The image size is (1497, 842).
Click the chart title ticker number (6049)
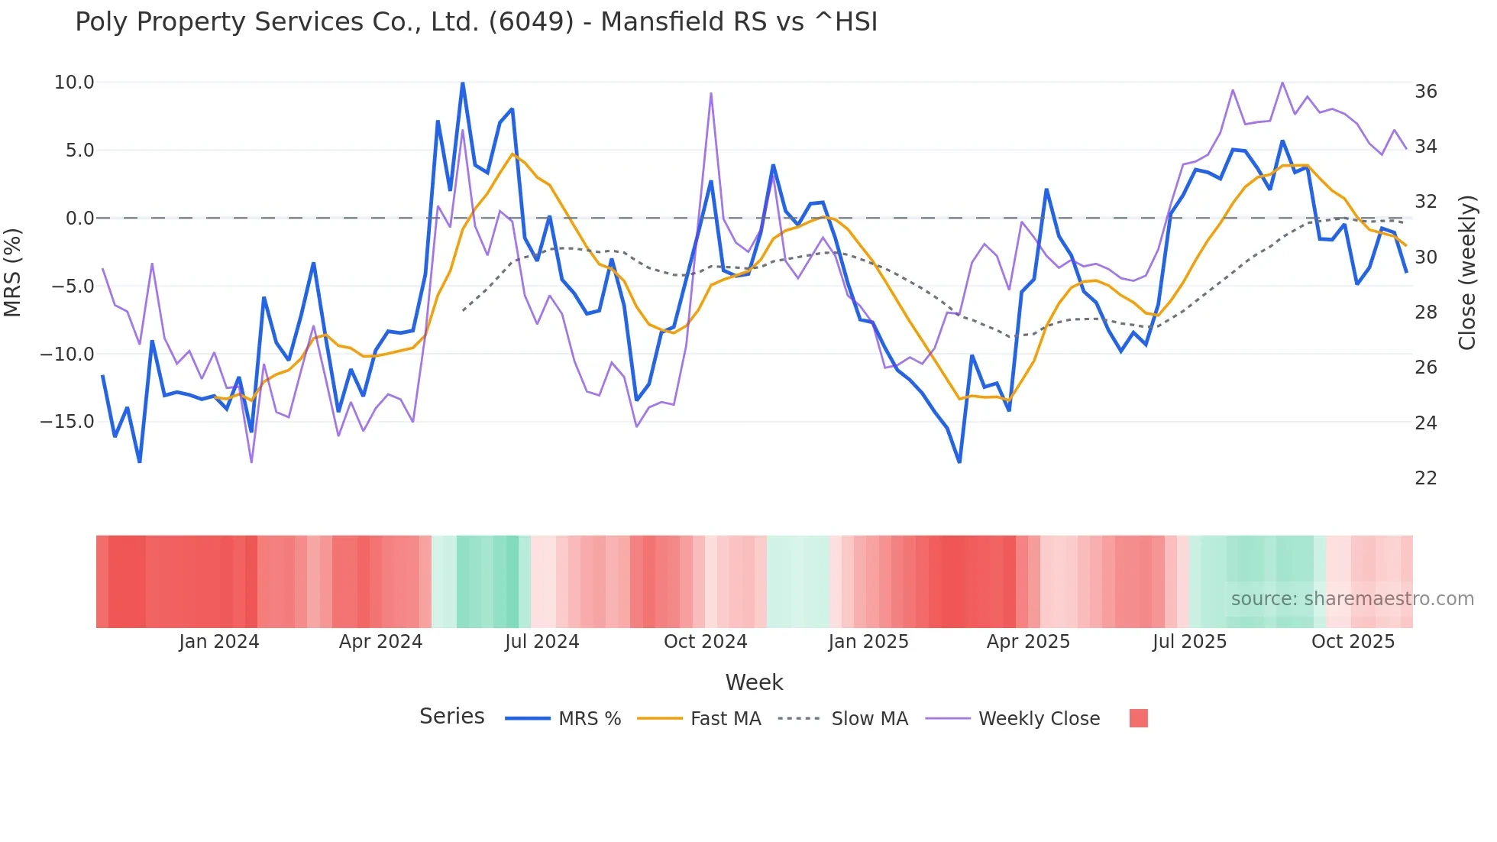pyautogui.click(x=531, y=22)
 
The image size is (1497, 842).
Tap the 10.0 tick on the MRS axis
pyautogui.click(x=74, y=83)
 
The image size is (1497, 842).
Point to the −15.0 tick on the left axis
pyautogui.click(x=67, y=422)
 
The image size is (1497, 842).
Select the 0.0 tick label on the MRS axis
pyautogui.click(x=80, y=219)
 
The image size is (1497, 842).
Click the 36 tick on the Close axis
pyautogui.click(x=1426, y=92)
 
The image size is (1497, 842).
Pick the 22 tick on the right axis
pyautogui.click(x=1426, y=478)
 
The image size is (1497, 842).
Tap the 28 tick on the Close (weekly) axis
pyautogui.click(x=1426, y=313)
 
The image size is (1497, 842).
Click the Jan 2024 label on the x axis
pyautogui.click(x=219, y=642)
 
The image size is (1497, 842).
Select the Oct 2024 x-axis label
pyautogui.click(x=705, y=642)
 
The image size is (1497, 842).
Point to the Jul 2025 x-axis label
pyautogui.click(x=1189, y=642)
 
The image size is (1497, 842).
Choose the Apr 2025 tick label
pyautogui.click(x=1028, y=642)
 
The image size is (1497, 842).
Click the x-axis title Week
pyautogui.click(x=754, y=682)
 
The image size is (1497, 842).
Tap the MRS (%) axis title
pyautogui.click(x=13, y=273)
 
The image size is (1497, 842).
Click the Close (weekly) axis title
pyautogui.click(x=1467, y=273)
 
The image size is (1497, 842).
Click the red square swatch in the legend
pyautogui.click(x=1139, y=718)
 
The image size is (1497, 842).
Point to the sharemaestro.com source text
pyautogui.click(x=1352, y=599)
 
